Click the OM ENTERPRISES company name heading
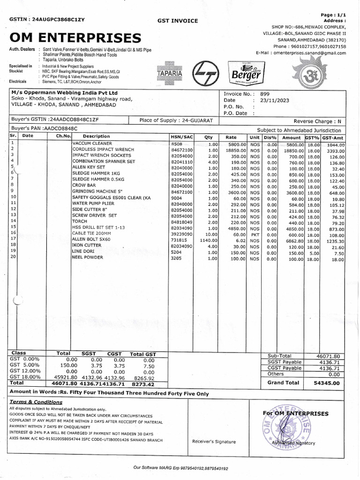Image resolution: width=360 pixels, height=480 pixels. click(x=75, y=37)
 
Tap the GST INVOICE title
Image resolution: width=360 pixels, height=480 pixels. click(x=178, y=21)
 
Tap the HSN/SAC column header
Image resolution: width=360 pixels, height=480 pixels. click(x=182, y=136)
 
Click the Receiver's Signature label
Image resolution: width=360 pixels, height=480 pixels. click(x=214, y=442)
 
